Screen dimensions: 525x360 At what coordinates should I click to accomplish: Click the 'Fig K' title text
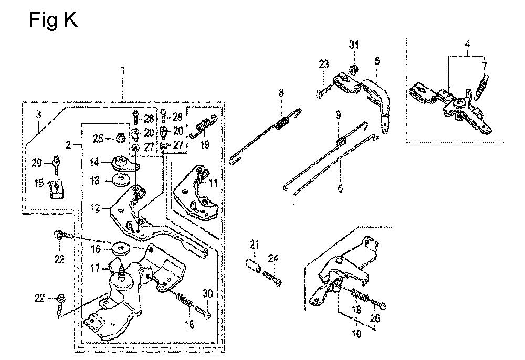click(x=53, y=19)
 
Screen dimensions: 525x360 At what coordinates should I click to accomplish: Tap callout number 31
click(x=354, y=45)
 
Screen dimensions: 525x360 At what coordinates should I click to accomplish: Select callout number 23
click(x=324, y=64)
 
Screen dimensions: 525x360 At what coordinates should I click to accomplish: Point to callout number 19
click(x=205, y=144)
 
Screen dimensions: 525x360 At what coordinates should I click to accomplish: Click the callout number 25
click(x=98, y=139)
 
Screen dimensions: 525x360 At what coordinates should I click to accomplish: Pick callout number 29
click(x=37, y=163)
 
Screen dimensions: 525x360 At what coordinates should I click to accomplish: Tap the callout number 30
click(x=207, y=293)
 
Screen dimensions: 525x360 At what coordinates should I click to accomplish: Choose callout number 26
click(x=375, y=317)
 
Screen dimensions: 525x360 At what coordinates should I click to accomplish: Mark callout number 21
click(x=255, y=246)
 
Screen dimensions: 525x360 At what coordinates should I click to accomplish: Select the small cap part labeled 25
click(x=119, y=137)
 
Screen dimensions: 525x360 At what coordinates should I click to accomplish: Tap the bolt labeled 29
click(x=56, y=164)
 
